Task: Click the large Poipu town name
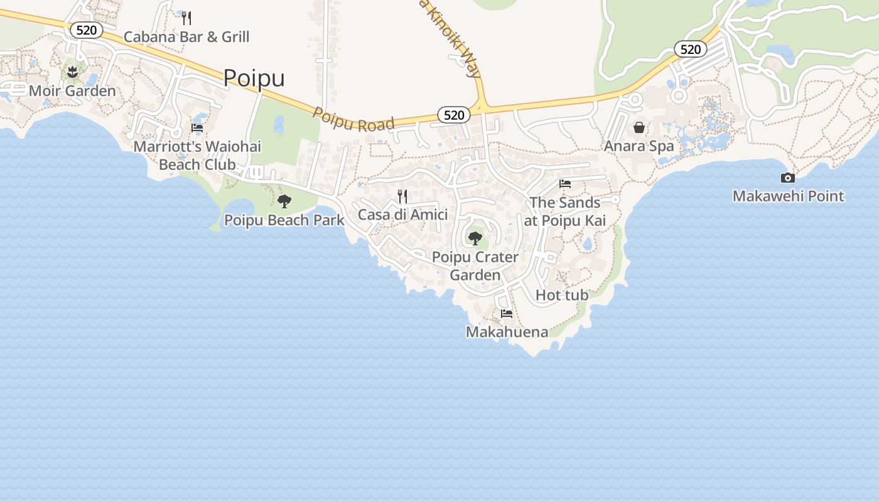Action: click(x=254, y=78)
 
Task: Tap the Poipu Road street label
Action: click(x=353, y=119)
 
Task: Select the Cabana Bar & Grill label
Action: click(x=186, y=36)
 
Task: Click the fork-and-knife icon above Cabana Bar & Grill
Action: click(x=186, y=18)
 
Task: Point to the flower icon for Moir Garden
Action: click(x=73, y=72)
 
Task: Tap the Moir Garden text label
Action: click(x=72, y=91)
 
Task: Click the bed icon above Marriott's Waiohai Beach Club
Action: click(x=197, y=128)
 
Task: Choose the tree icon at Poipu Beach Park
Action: click(x=284, y=201)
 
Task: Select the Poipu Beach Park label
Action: click(x=284, y=220)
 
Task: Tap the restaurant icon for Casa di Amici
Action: click(x=402, y=196)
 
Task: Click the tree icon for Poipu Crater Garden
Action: click(x=475, y=238)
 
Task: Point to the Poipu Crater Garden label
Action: click(x=475, y=266)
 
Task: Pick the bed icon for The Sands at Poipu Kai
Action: click(x=565, y=184)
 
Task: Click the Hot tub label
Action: click(x=562, y=295)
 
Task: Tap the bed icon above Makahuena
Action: click(x=507, y=314)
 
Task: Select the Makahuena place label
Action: click(x=507, y=332)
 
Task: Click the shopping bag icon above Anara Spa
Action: click(x=639, y=128)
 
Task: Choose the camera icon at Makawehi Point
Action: click(x=788, y=178)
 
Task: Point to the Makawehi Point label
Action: click(x=788, y=196)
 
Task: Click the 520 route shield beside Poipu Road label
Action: click(x=454, y=114)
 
